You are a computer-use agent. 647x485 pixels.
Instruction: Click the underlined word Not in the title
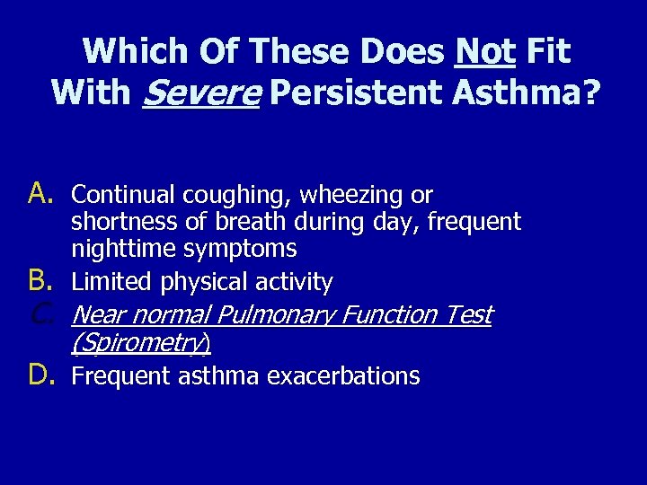tap(485, 51)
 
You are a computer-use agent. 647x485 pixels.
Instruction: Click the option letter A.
tap(42, 193)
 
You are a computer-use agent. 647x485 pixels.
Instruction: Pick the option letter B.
tap(42, 281)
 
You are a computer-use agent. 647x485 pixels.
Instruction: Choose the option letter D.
tap(42, 375)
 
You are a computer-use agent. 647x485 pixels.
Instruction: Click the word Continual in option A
tap(123, 194)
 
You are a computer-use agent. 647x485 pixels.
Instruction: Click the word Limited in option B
tap(112, 282)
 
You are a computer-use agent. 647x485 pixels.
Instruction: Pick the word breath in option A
tap(244, 222)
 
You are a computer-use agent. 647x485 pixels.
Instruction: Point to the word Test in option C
tap(471, 314)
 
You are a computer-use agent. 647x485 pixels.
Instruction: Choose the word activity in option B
tap(293, 282)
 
